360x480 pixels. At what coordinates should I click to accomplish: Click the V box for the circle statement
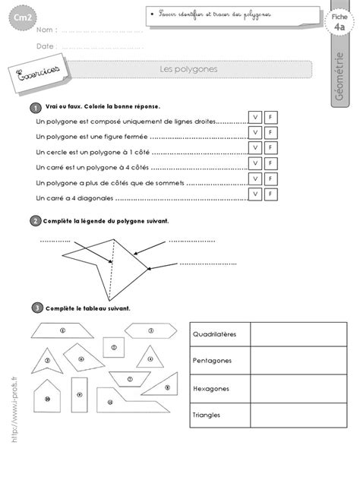tap(255, 150)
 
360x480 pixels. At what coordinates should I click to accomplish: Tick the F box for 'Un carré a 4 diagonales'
tap(270, 196)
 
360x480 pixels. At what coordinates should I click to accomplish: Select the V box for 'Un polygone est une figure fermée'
tap(255, 134)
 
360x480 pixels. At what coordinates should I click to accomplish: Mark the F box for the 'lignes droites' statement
tap(270, 118)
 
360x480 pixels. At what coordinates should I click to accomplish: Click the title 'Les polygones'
tap(179, 69)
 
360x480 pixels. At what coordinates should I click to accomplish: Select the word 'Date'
tap(45, 46)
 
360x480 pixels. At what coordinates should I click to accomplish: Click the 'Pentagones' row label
tap(213, 361)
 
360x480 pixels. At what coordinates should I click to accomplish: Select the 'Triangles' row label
tap(210, 415)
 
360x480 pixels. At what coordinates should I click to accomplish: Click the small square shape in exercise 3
tap(113, 348)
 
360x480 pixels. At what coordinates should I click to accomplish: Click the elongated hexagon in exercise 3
tap(149, 329)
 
